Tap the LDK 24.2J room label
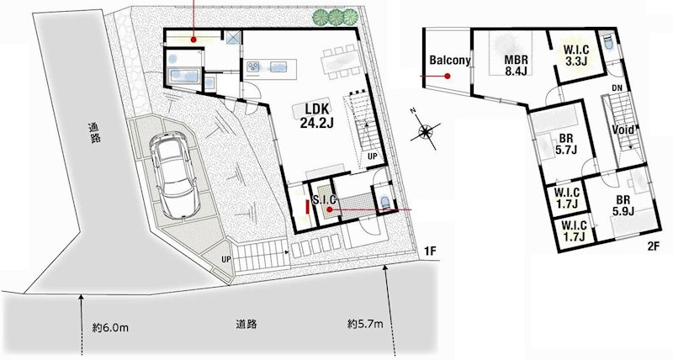pyautogui.click(x=317, y=115)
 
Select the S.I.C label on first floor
pyautogui.click(x=325, y=199)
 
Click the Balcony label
pyautogui.click(x=449, y=61)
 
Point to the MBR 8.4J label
pyautogui.click(x=517, y=66)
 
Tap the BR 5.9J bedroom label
pyautogui.click(x=623, y=205)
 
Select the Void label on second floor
pyautogui.click(x=623, y=131)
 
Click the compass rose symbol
pyautogui.click(x=427, y=131)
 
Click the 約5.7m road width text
pyautogui.click(x=366, y=323)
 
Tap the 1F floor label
pyautogui.click(x=430, y=250)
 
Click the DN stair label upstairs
pyautogui.click(x=617, y=88)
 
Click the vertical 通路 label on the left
pyautogui.click(x=93, y=135)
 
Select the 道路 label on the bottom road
pyautogui.click(x=246, y=322)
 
